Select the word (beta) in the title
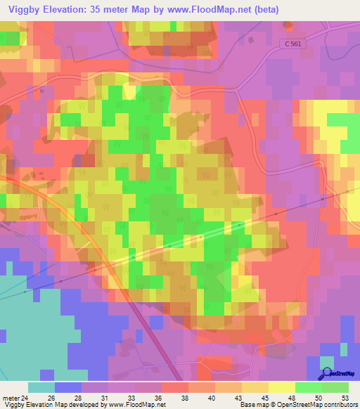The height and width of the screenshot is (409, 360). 265,10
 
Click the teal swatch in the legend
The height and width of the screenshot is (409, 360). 41,387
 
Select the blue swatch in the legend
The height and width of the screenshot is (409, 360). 68,387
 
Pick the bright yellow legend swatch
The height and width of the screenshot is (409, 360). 282,387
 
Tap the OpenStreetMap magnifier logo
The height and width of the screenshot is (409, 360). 327,375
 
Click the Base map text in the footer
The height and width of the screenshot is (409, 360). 252,405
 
